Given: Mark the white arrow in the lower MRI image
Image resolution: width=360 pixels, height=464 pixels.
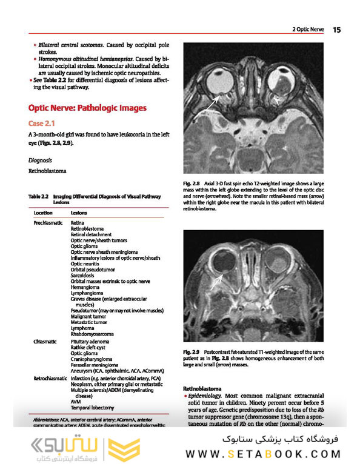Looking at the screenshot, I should point(217,280).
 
